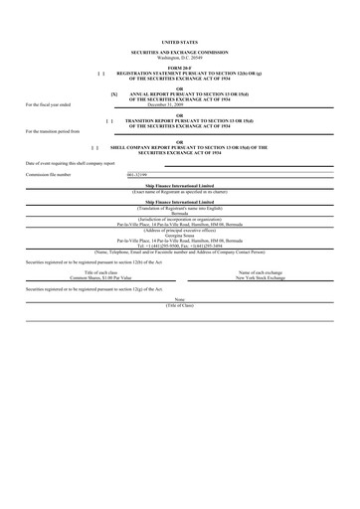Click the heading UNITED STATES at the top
pos(179,44)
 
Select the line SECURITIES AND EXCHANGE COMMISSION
pos(179,52)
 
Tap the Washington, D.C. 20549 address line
pos(179,57)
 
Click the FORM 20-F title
pos(179,67)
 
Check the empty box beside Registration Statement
pos(101,73)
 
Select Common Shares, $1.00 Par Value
pos(103,277)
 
